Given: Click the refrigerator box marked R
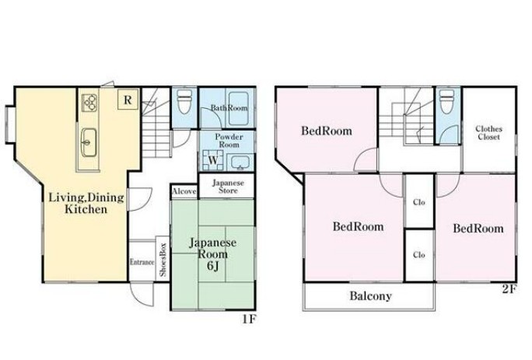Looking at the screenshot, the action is tap(128, 100).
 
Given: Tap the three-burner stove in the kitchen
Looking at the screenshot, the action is tap(89, 103).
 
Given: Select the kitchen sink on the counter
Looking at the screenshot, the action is tap(89, 142).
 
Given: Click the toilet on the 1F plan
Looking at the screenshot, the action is tap(184, 101).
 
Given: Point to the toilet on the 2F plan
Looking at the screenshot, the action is tap(447, 101).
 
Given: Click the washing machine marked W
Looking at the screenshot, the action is tap(213, 160).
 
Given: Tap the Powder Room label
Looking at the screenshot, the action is tap(229, 141).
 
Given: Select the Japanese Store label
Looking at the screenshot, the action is tap(228, 187).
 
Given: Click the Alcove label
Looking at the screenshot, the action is tap(184, 192).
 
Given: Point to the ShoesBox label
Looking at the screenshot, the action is tap(163, 260).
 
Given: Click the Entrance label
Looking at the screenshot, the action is tap(142, 262).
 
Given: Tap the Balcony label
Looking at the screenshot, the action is tap(371, 296).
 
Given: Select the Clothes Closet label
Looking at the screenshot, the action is tap(488, 133).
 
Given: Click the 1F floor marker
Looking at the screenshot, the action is tap(249, 320).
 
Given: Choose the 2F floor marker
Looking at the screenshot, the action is tap(509, 289).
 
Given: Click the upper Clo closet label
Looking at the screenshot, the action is tap(419, 202).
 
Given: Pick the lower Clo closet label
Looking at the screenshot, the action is tap(419, 254).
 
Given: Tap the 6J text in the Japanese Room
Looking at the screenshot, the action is tap(213, 266).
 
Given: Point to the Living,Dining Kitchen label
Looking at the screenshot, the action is tap(86, 203).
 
